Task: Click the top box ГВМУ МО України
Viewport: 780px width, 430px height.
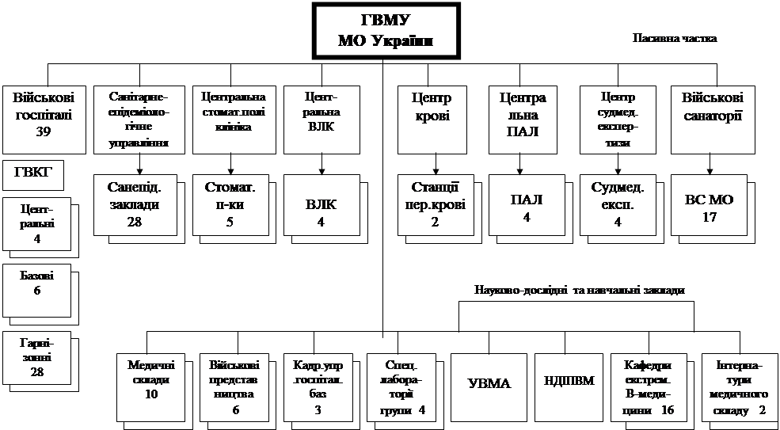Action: pos(386,31)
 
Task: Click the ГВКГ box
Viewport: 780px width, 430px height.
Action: pos(33,173)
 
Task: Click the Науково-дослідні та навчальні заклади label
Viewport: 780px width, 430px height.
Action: pos(580,290)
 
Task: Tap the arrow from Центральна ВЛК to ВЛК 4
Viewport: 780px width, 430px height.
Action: pos(322,162)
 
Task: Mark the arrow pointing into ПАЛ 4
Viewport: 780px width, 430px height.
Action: pos(519,162)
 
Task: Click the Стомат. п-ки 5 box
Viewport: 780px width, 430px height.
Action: pos(230,204)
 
